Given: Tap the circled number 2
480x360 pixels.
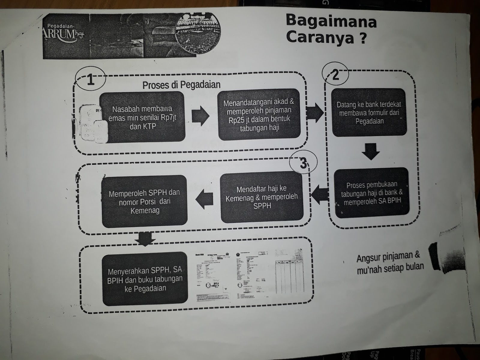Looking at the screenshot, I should tap(335, 74).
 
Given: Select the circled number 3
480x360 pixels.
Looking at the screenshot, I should tap(303, 163).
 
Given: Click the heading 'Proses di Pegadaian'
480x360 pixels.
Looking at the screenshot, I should tap(181, 85).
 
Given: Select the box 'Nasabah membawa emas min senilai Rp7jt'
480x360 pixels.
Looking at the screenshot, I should tap(142, 117).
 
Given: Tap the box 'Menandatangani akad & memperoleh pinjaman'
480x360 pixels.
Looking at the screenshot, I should tap(259, 115).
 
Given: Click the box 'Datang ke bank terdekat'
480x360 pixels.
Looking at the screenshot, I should tap(369, 113).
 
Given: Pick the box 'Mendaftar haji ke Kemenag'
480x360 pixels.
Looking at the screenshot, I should tap(262, 197).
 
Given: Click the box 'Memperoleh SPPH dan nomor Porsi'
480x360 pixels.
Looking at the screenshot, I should tap(144, 201).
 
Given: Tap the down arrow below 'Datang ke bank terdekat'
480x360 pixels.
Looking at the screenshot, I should tap(370, 151).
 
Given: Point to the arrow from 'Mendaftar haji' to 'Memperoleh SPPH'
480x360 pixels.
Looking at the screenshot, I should tap(205, 199).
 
